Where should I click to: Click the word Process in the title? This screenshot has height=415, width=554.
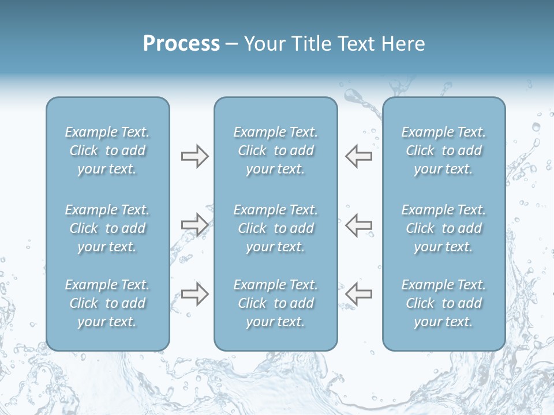(181, 44)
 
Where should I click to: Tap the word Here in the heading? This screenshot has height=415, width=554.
(403, 44)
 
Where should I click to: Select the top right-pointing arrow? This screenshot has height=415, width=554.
(194, 156)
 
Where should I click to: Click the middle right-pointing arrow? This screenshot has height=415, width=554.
(194, 225)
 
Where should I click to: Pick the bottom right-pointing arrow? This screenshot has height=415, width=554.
(194, 293)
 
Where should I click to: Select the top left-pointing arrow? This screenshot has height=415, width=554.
(359, 156)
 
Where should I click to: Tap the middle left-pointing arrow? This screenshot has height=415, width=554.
(359, 225)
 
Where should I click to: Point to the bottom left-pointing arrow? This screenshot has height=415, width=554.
(359, 293)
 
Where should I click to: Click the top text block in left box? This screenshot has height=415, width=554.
(107, 150)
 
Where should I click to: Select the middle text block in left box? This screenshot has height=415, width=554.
(107, 228)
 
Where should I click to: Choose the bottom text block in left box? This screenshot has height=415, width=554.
(107, 303)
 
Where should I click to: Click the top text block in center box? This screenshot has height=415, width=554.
(275, 150)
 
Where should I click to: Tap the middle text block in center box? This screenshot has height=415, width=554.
(275, 228)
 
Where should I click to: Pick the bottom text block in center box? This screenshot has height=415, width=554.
(275, 303)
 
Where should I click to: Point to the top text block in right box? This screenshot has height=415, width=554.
(443, 150)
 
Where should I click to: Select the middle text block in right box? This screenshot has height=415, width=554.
(443, 228)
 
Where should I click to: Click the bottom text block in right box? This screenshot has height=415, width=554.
(443, 303)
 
